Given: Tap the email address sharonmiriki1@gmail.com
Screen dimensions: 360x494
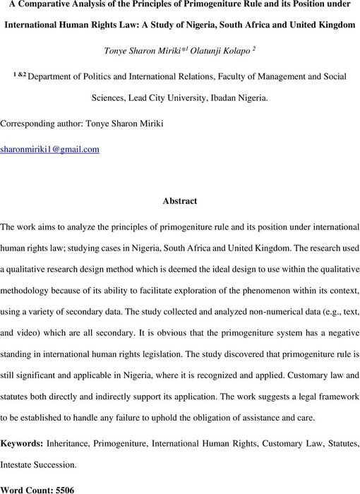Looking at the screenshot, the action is coord(49,149).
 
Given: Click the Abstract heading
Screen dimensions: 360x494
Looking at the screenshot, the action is coord(180,200).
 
